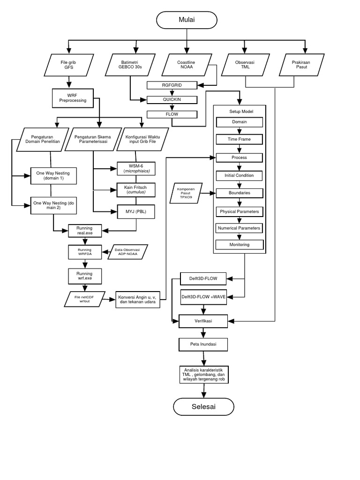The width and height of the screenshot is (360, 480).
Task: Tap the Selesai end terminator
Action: [x=203, y=406]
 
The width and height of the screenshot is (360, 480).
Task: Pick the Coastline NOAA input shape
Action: [x=187, y=65]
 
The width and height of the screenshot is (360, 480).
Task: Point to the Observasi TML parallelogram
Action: [x=246, y=65]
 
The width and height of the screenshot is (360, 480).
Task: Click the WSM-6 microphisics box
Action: [x=136, y=168]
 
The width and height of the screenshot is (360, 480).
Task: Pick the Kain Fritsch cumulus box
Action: [x=136, y=189]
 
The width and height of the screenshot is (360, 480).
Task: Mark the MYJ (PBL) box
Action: [x=136, y=211]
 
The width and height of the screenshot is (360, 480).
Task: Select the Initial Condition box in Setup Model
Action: [x=240, y=175]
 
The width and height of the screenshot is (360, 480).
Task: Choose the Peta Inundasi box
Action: [x=203, y=345]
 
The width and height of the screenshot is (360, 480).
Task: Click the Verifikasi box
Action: [x=203, y=321]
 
